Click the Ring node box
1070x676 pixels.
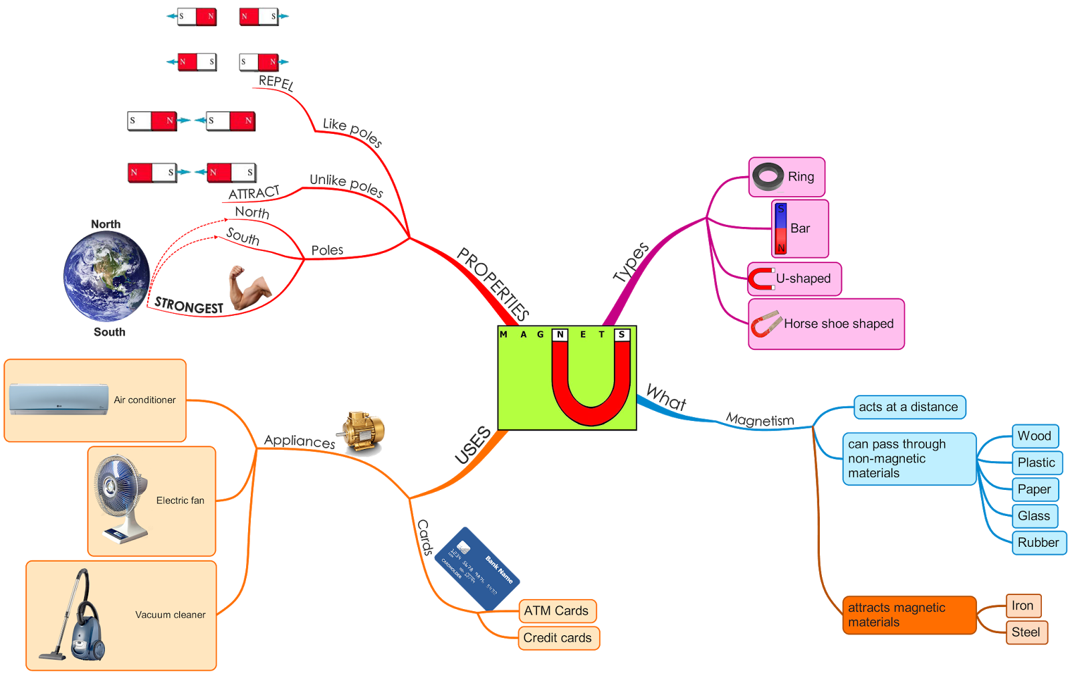(x=786, y=177)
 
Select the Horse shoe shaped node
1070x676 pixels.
(x=826, y=324)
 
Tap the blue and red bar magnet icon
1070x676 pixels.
(x=780, y=229)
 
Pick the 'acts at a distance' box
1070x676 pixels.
(x=909, y=407)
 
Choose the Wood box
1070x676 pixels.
(x=1035, y=436)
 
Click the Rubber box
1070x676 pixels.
(x=1039, y=543)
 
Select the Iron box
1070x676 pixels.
(x=1023, y=606)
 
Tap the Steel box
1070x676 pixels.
(x=1026, y=632)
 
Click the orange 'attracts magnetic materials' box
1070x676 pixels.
(x=908, y=615)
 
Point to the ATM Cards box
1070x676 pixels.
(x=556, y=611)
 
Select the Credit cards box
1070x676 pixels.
(x=558, y=638)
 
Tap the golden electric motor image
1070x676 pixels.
(x=363, y=433)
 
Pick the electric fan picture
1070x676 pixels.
(x=122, y=499)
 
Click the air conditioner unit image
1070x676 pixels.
(x=59, y=399)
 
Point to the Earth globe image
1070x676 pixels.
(x=106, y=276)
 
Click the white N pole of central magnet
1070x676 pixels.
(x=560, y=335)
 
